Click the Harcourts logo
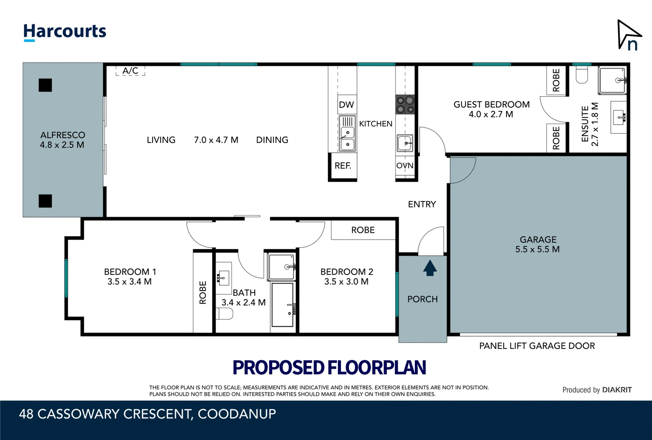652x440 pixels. click(x=65, y=32)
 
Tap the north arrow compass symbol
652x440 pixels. click(x=628, y=36)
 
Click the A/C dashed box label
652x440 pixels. click(x=130, y=71)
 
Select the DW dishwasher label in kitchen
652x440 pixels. click(x=346, y=105)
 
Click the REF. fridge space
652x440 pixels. click(x=343, y=166)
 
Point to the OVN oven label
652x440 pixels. click(x=405, y=166)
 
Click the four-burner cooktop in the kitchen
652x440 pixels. click(x=405, y=104)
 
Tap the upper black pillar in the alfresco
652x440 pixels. click(x=45, y=85)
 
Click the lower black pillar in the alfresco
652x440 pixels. click(x=45, y=201)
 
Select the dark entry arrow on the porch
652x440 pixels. click(x=430, y=268)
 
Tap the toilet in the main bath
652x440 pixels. click(x=225, y=313)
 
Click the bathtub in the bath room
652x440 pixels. click(x=282, y=305)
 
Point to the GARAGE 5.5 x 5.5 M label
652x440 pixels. click(x=537, y=244)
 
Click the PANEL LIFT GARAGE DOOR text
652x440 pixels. click(x=537, y=346)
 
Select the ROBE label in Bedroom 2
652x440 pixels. click(x=363, y=230)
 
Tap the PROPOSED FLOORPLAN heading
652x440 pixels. click(x=329, y=367)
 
